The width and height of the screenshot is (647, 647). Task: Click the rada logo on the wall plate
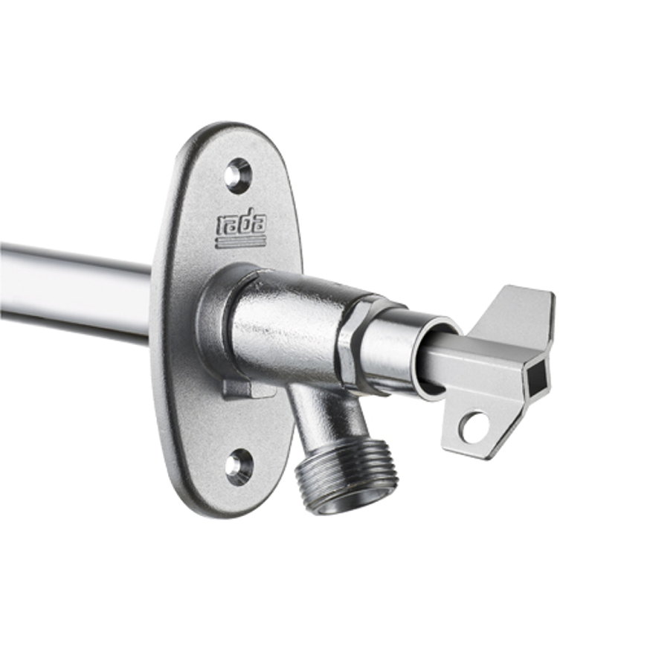(x=242, y=231)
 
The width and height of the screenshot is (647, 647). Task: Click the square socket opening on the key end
(x=538, y=376)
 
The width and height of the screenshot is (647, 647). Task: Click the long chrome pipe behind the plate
(x=74, y=291)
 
